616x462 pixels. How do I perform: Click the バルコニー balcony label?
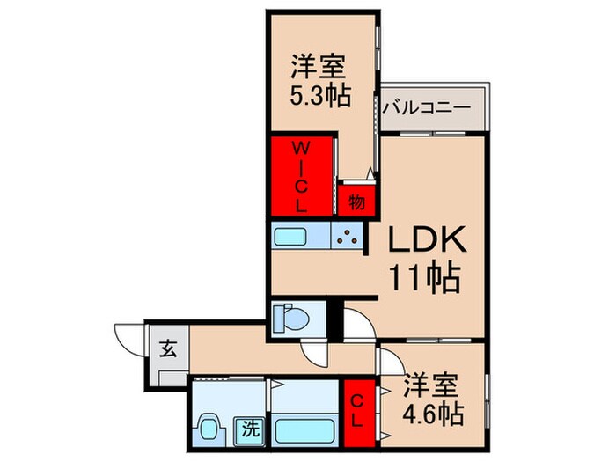pyautogui.click(x=428, y=109)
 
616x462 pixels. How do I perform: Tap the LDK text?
pyautogui.click(x=420, y=239)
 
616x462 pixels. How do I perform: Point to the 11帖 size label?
pyautogui.click(x=424, y=280)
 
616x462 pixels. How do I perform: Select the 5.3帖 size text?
pyautogui.click(x=321, y=94)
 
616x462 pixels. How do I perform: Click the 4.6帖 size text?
pyautogui.click(x=433, y=412)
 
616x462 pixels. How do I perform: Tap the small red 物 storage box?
pyautogui.click(x=356, y=202)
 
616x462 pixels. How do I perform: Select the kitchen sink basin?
pyautogui.click(x=292, y=237)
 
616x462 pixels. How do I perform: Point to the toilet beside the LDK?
pyautogui.click(x=289, y=319)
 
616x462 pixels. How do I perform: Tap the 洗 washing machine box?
pyautogui.click(x=252, y=431)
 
